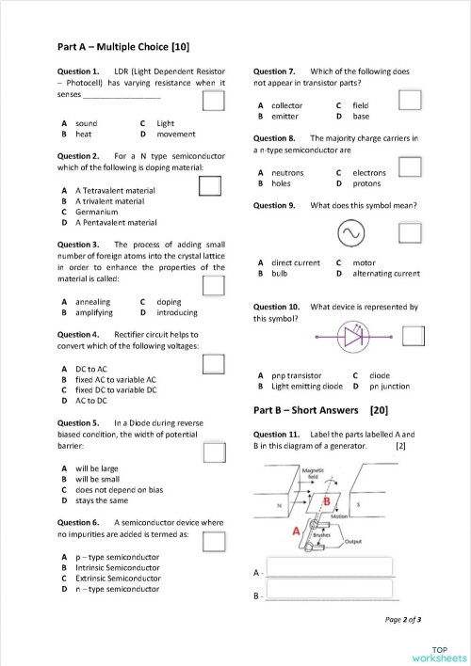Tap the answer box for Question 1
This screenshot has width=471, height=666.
pos(214,102)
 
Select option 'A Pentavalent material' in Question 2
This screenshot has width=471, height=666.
pos(116,223)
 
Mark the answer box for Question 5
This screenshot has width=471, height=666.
pos(215,452)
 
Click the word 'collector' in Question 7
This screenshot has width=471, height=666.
pos(286,105)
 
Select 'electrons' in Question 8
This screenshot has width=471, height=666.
pos(369,173)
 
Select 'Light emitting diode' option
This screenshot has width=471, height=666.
pos(306,386)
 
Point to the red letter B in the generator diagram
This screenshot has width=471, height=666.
pos(327,501)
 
